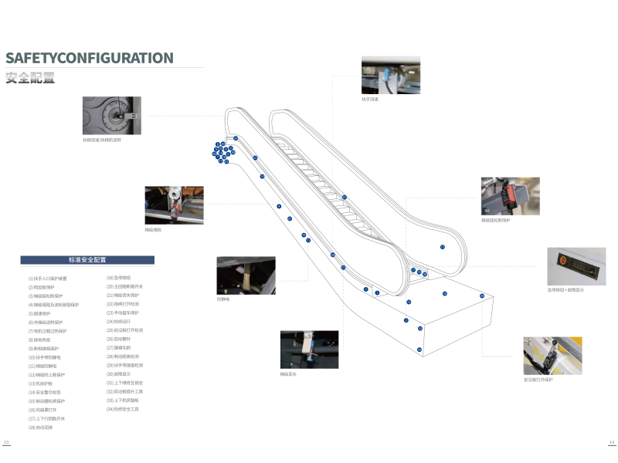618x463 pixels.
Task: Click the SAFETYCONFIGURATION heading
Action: [90, 58]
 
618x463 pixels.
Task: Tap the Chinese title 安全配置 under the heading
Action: [30, 77]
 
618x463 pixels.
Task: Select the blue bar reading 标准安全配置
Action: [87, 260]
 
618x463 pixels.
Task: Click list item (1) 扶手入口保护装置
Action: [48, 278]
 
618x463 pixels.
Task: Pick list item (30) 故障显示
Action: [119, 373]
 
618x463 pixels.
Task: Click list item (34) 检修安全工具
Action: [123, 409]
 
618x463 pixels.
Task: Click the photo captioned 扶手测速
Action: [391, 75]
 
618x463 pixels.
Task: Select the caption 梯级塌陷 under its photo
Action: [154, 230]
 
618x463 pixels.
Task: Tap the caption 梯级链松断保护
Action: [496, 220]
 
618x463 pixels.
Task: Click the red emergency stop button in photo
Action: [563, 261]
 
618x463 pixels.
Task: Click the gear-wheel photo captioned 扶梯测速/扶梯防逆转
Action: [112, 116]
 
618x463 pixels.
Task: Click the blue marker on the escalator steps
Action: [345, 198]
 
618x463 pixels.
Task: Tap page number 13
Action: [6, 442]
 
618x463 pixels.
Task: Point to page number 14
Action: [610, 442]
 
